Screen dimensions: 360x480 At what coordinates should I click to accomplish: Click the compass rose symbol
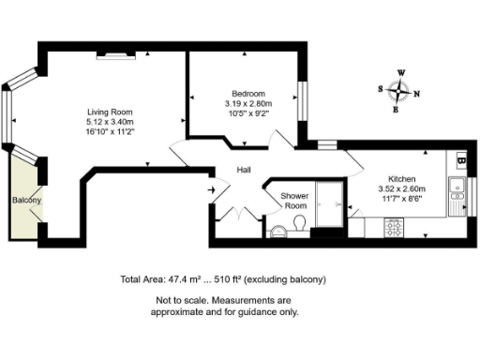(x=400, y=91)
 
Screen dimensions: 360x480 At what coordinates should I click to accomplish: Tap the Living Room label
(x=110, y=112)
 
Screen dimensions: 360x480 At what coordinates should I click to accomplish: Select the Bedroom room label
(x=244, y=94)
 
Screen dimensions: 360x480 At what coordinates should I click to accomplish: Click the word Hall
(x=245, y=170)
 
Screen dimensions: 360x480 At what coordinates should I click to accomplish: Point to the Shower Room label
(x=295, y=201)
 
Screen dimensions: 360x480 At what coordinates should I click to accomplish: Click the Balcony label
(x=25, y=201)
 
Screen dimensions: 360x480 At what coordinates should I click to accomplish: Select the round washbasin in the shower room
(x=278, y=231)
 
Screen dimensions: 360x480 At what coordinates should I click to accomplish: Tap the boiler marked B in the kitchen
(x=460, y=158)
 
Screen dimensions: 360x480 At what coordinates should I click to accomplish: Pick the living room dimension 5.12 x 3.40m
(x=110, y=122)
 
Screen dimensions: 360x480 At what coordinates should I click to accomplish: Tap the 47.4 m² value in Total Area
(x=186, y=279)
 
